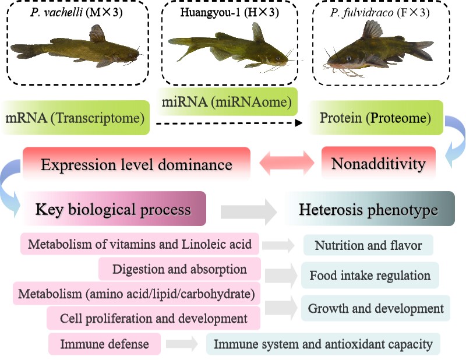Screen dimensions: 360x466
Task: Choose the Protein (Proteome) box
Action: [x=375, y=118]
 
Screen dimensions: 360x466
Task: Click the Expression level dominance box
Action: [x=136, y=164]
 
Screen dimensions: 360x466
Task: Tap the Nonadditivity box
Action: [x=378, y=164]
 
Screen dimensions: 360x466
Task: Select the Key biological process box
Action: [x=113, y=209]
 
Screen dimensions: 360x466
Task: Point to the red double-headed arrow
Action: [x=286, y=164]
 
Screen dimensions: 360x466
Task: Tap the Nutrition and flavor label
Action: [x=368, y=245]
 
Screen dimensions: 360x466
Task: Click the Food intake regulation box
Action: [x=370, y=275]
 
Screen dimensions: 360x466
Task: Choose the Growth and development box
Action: [x=376, y=308]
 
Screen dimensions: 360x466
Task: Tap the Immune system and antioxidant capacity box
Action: [x=323, y=344]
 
